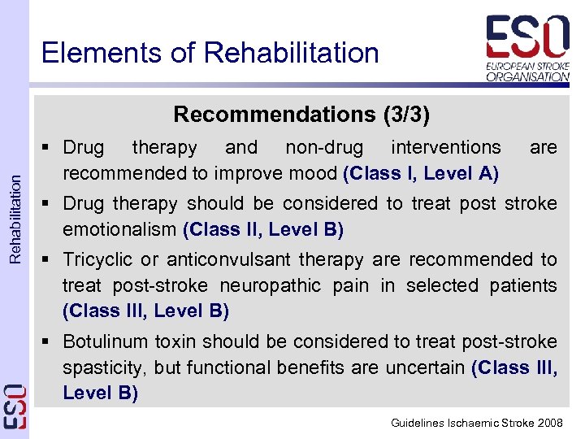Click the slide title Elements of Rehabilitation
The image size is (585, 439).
[x=210, y=53]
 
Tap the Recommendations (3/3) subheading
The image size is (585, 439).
[x=301, y=115]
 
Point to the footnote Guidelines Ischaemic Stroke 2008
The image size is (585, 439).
[x=476, y=423]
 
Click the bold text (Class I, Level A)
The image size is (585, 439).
[x=421, y=173]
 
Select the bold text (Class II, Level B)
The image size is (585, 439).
[x=264, y=230]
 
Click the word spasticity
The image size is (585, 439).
[x=103, y=367]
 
